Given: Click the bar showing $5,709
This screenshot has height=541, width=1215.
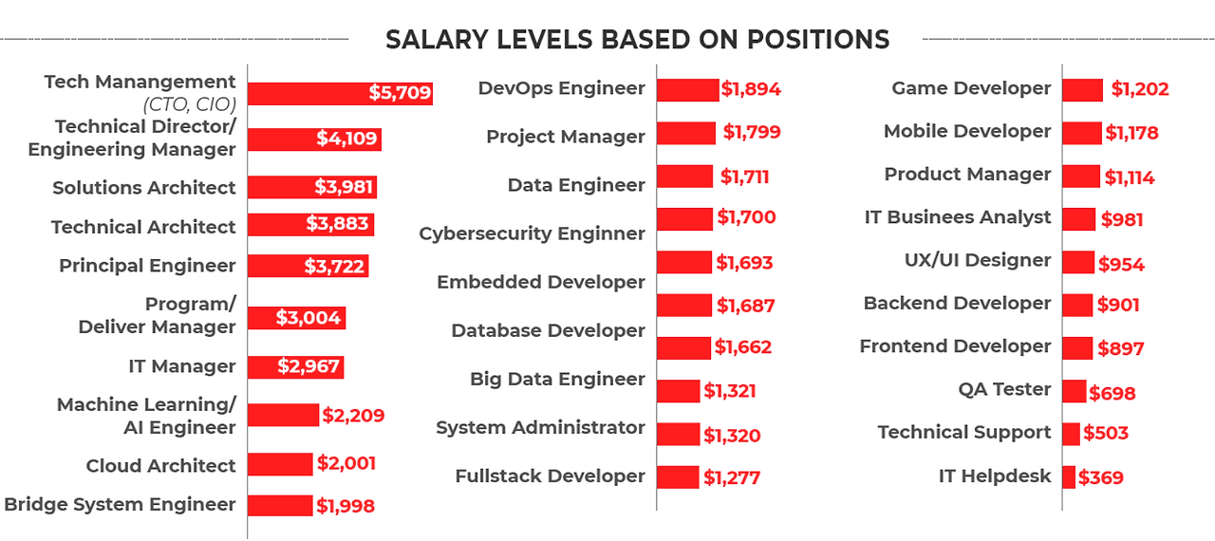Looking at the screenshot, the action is click(x=340, y=94).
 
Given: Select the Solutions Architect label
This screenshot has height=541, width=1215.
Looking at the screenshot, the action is click(x=143, y=188).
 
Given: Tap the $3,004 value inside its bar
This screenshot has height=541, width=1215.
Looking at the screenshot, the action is click(x=308, y=317).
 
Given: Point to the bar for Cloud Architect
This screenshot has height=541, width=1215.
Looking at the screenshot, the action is click(x=280, y=464).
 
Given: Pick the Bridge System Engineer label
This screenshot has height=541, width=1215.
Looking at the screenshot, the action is click(x=120, y=505).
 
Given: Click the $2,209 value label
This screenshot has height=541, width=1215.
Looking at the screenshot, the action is click(x=353, y=415).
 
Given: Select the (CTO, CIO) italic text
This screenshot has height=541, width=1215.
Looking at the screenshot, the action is click(x=189, y=104).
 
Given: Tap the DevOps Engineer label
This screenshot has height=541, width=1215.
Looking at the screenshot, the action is click(x=561, y=88).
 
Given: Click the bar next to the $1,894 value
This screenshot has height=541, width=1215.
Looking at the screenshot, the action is click(x=688, y=90).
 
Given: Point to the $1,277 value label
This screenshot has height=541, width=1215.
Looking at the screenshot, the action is click(x=732, y=477).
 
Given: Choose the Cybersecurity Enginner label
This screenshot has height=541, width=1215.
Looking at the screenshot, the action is click(x=533, y=233).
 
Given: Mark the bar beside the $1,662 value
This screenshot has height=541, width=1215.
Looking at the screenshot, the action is click(x=684, y=348).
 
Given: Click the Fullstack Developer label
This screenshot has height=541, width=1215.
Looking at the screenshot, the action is click(x=550, y=476).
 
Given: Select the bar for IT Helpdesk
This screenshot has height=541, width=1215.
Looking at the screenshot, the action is click(x=1069, y=477).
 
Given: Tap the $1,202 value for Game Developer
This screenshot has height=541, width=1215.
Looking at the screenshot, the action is click(x=1140, y=89).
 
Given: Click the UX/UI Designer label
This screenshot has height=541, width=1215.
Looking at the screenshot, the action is click(x=978, y=260).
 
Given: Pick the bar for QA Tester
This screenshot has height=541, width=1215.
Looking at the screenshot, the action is click(x=1075, y=391).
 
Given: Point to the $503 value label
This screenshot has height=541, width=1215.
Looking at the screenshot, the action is click(x=1106, y=433).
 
